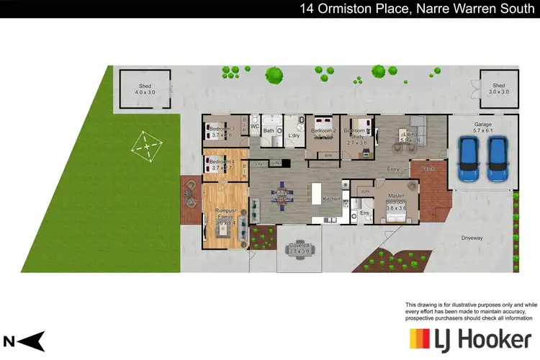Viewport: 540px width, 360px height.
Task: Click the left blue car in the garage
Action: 469,158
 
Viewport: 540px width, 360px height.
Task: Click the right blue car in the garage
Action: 498,158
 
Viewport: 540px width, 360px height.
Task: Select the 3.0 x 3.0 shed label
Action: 498,89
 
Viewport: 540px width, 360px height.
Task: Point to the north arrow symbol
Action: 24,341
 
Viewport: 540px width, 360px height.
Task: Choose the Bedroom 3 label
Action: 221,131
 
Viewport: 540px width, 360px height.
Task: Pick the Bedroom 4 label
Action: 221,164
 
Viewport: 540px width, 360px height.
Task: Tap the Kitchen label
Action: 331,199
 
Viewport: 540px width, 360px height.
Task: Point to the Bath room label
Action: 269,131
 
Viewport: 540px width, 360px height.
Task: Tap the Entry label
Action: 393,169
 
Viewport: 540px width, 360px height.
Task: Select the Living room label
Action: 410,135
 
